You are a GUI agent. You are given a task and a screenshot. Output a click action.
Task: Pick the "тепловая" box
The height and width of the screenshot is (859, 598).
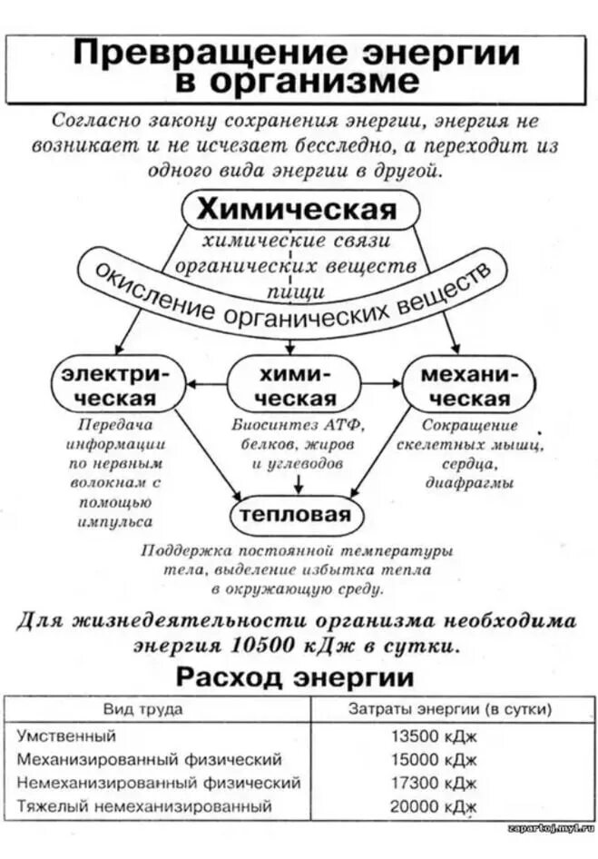(x=294, y=515)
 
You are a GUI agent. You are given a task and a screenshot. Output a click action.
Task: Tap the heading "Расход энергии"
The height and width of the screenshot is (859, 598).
(x=295, y=676)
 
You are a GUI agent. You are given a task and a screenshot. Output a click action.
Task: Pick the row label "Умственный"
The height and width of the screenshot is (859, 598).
(x=66, y=736)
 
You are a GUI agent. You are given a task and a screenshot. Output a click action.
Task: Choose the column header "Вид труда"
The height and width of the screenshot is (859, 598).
(x=142, y=709)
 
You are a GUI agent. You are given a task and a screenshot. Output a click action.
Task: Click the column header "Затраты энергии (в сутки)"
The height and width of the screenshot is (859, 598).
(x=450, y=709)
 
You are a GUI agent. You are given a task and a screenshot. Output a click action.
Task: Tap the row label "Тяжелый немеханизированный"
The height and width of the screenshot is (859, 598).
(x=144, y=805)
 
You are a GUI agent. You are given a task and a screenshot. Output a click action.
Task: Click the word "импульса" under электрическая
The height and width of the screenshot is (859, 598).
(x=115, y=522)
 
